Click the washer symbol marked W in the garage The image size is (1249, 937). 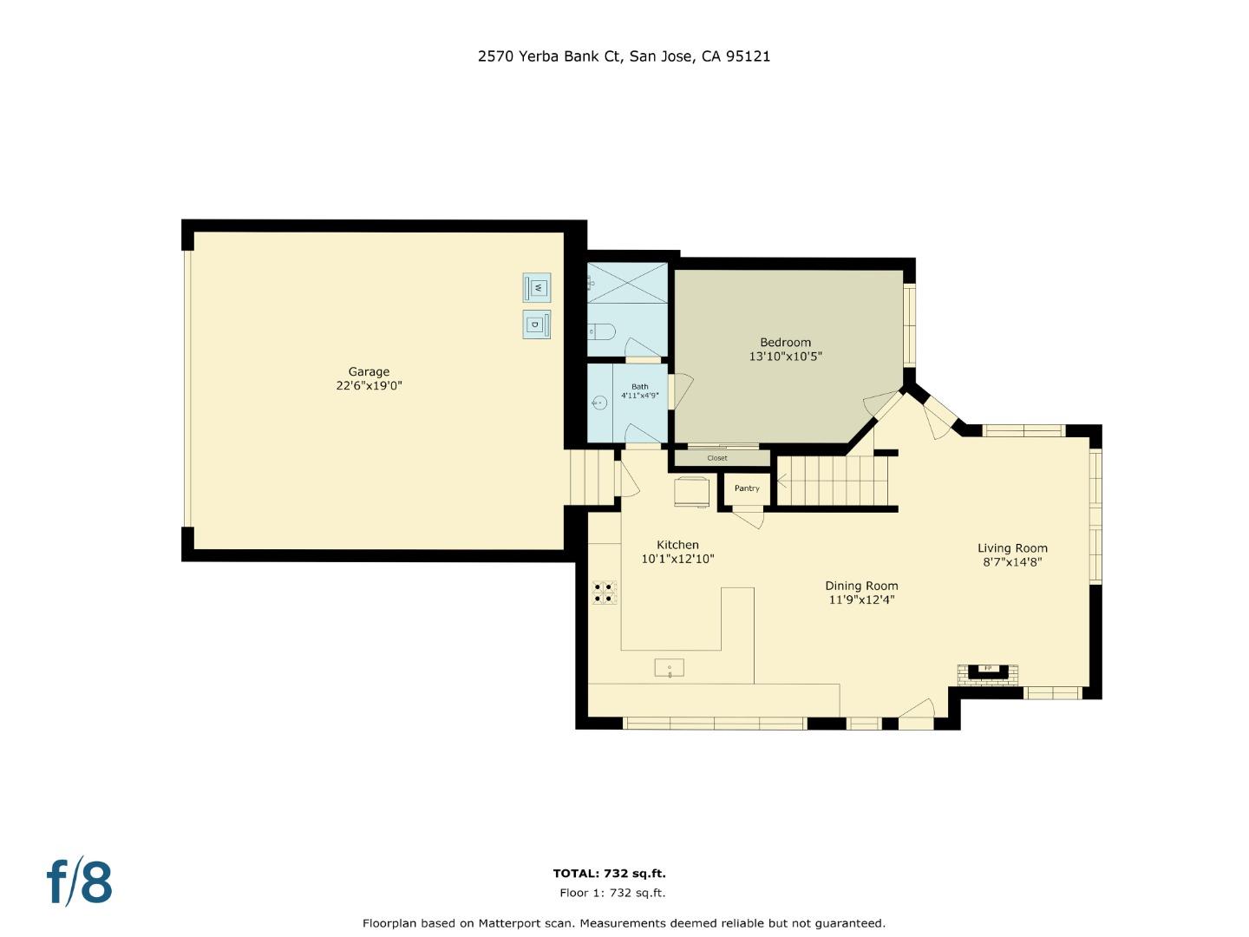click(x=537, y=287)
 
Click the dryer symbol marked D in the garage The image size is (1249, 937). click(x=536, y=324)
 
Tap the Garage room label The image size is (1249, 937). click(x=369, y=372)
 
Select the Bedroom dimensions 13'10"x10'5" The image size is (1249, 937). click(x=785, y=357)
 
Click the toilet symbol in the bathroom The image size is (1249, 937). click(x=601, y=331)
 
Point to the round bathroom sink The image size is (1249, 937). click(x=599, y=403)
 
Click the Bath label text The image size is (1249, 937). click(x=639, y=387)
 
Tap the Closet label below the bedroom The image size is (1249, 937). click(x=717, y=458)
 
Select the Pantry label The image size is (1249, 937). click(x=747, y=488)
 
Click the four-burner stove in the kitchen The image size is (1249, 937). click(x=605, y=592)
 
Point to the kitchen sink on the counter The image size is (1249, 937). click(x=669, y=667)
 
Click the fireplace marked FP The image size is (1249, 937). click(x=987, y=670)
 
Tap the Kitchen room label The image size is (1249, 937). click(x=677, y=545)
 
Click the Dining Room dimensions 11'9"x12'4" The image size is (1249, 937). click(x=861, y=600)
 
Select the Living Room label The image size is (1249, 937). click(x=1012, y=548)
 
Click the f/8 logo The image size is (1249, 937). click(x=79, y=881)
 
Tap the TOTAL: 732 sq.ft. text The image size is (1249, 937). click(x=610, y=874)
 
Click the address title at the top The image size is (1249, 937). click(x=624, y=56)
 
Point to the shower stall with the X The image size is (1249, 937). click(x=627, y=283)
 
